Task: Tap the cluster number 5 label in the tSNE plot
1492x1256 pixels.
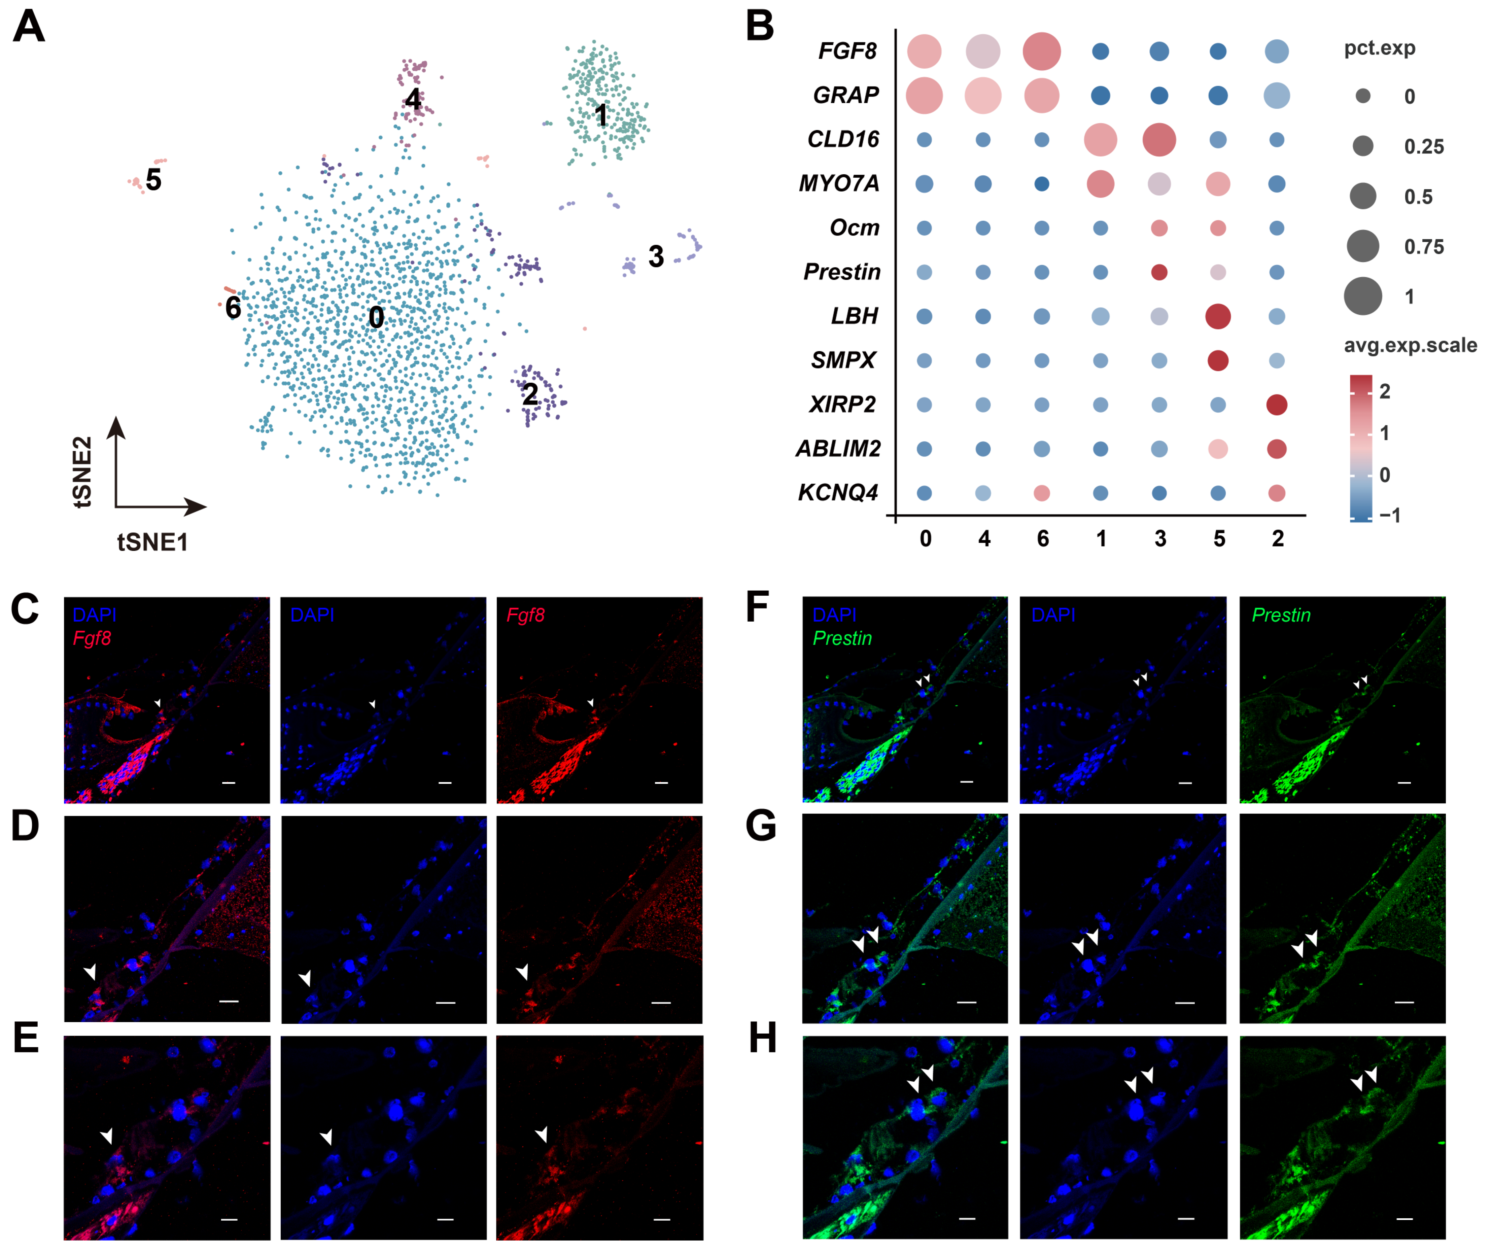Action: (153, 180)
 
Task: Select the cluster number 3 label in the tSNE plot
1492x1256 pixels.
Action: (655, 256)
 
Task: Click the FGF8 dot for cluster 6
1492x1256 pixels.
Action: (1041, 51)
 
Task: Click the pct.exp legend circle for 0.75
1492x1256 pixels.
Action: (1362, 246)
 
